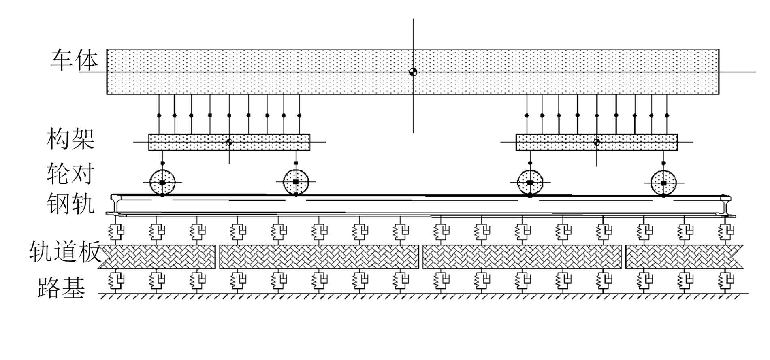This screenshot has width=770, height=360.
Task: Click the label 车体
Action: tap(75, 61)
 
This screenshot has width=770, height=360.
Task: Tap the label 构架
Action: tap(71, 139)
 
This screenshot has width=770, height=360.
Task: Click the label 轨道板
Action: tap(65, 251)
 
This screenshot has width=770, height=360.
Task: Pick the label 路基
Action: tap(62, 288)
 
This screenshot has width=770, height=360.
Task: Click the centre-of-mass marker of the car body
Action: tap(413, 72)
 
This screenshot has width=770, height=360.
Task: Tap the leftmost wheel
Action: tap(162, 183)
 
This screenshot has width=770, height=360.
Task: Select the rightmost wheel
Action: tap(663, 183)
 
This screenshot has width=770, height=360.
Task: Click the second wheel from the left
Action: tap(296, 182)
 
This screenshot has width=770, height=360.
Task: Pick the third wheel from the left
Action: tap(530, 183)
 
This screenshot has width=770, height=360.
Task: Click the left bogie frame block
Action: tap(229, 142)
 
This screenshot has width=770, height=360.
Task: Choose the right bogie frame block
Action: tap(597, 142)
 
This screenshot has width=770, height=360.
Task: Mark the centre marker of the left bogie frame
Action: tap(229, 142)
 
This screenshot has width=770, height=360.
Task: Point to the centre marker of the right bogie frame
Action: tap(597, 142)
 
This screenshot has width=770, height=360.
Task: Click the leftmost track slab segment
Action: tap(158, 257)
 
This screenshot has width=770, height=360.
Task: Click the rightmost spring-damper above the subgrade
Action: tap(725, 279)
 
